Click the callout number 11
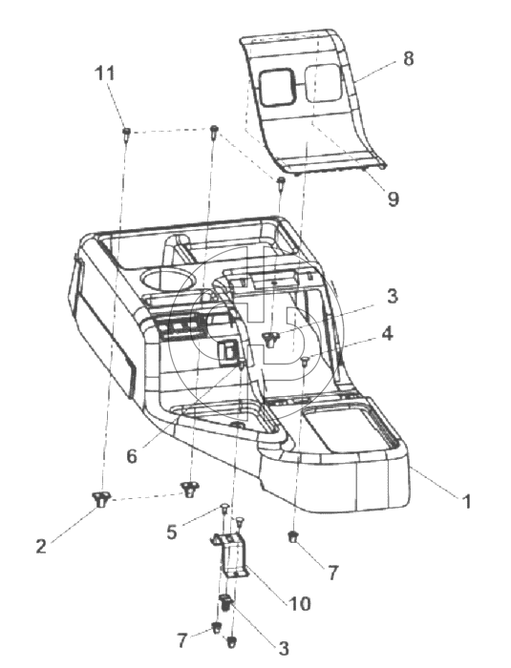click(105, 73)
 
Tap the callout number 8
click(408, 58)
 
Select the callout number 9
click(393, 198)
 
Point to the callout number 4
click(387, 334)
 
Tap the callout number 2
click(41, 546)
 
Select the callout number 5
click(172, 532)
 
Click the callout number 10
click(300, 604)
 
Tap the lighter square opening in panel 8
click(322, 83)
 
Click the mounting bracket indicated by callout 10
click(230, 554)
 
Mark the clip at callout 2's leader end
click(100, 498)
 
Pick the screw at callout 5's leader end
click(224, 508)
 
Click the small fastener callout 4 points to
click(305, 362)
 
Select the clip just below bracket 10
click(225, 603)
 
